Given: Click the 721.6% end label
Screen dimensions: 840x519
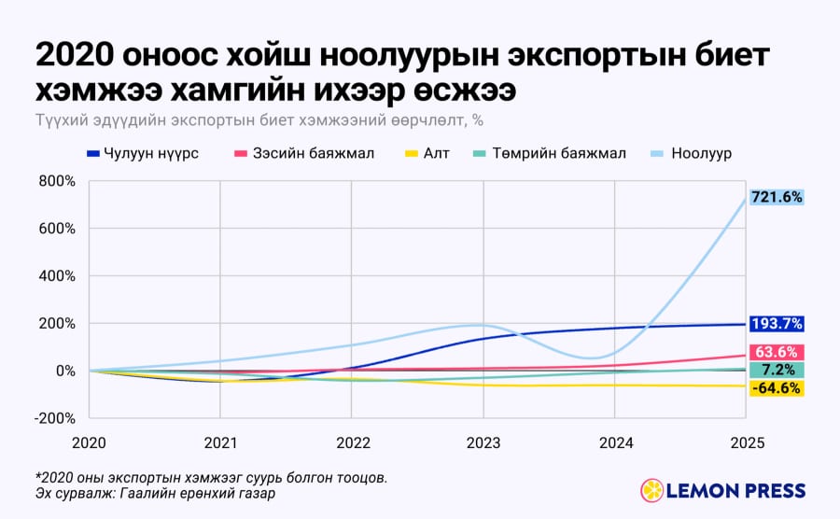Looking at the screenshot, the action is (x=777, y=198).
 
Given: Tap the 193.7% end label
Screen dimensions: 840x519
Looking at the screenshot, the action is (x=777, y=324).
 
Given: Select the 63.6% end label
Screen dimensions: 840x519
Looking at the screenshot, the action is (x=777, y=352).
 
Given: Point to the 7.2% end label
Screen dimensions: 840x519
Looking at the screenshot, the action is (x=777, y=370).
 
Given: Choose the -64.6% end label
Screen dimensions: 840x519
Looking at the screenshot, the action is (x=777, y=388).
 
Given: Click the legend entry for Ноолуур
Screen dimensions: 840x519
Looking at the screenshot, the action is (x=691, y=154).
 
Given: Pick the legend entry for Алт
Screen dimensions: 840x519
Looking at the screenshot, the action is (x=427, y=154).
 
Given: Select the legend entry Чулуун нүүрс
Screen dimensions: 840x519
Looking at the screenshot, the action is (x=143, y=154).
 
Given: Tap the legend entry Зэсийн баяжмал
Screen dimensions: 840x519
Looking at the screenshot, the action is (x=304, y=154).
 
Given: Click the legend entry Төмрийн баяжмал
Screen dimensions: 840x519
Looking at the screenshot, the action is (x=550, y=154).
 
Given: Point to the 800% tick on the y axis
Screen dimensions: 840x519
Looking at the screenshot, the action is (x=57, y=182).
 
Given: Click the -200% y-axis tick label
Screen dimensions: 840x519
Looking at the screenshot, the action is (x=55, y=418).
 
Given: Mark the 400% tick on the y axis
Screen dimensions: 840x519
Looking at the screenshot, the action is (x=57, y=276).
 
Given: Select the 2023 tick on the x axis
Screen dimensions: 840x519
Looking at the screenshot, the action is (x=483, y=443).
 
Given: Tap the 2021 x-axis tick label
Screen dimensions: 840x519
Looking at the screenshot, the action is (x=220, y=443).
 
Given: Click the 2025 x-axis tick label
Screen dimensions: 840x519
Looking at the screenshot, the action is (x=748, y=443).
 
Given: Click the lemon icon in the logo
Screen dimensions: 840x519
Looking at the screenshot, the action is (x=652, y=491).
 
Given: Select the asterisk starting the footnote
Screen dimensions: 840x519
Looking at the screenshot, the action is (x=38, y=474).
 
